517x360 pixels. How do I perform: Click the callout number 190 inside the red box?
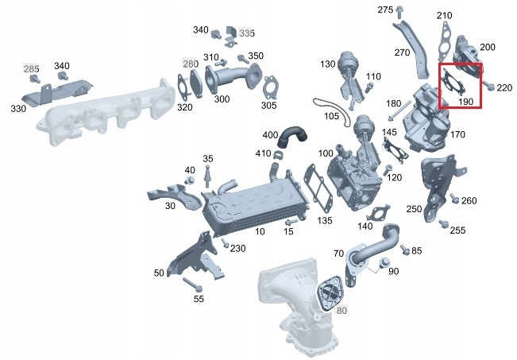pyautogui.click(x=465, y=102)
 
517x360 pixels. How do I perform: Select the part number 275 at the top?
pyautogui.click(x=385, y=10)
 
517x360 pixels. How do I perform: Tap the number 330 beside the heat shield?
pyautogui.click(x=17, y=106)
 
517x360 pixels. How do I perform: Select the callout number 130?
pyautogui.click(x=328, y=64)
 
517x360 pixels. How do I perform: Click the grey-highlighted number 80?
pyautogui.click(x=342, y=310)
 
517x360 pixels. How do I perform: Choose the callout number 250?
pyautogui.click(x=414, y=209)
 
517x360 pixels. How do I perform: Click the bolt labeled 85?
pyautogui.click(x=406, y=250)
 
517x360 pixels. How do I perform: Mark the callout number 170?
pyautogui.click(x=457, y=135)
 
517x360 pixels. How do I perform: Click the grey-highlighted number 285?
pyautogui.click(x=31, y=70)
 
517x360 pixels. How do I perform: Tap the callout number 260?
pyautogui.click(x=469, y=200)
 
